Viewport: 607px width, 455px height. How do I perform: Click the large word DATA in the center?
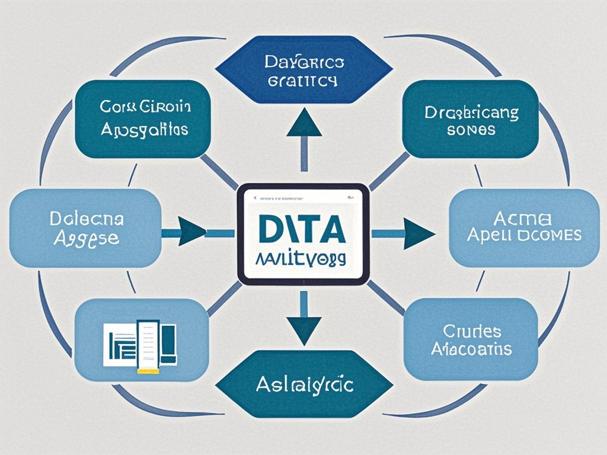coord(302,229)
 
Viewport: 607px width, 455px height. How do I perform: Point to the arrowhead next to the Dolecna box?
coord(191,231)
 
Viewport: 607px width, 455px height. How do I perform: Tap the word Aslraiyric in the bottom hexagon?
coord(305,386)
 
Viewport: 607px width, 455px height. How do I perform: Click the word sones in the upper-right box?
coord(471,130)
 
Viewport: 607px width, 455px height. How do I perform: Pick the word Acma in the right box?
coord(524,218)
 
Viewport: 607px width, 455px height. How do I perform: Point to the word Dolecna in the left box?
coord(87,220)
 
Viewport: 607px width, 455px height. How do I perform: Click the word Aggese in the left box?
coord(87,238)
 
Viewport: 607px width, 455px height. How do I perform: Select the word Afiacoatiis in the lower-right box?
coord(471,349)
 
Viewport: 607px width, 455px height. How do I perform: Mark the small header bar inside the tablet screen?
coord(302,198)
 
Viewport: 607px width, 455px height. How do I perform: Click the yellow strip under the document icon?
coord(148,371)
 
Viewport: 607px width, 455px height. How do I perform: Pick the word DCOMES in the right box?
coord(548,235)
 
